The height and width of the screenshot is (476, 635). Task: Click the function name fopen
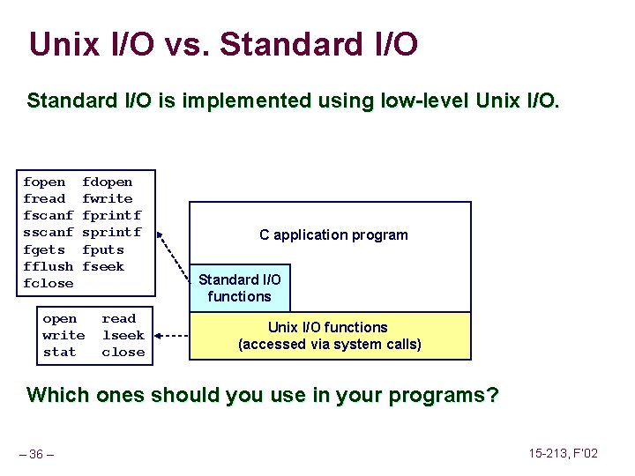[x=44, y=182]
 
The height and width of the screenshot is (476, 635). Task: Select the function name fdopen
[x=107, y=182]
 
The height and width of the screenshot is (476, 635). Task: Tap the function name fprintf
[x=111, y=216]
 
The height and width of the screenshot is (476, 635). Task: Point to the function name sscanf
[x=48, y=233]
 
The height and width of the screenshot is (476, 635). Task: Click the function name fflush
[x=48, y=266]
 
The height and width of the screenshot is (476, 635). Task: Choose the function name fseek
[x=103, y=266]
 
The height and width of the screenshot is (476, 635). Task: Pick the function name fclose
[x=48, y=283]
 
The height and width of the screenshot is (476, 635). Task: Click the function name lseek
[x=123, y=335]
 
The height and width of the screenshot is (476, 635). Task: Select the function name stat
[x=59, y=352]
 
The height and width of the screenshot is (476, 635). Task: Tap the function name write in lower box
[x=63, y=335]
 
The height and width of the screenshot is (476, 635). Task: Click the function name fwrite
[x=107, y=199]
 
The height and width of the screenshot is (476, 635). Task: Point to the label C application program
[x=333, y=234]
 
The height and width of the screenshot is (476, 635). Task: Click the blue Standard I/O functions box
[x=239, y=288]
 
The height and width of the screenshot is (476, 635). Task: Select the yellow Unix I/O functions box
[x=329, y=335]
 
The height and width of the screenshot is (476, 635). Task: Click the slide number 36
[x=37, y=454]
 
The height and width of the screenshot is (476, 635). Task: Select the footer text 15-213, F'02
[x=563, y=453]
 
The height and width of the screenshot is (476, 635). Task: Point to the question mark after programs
[x=492, y=394]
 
